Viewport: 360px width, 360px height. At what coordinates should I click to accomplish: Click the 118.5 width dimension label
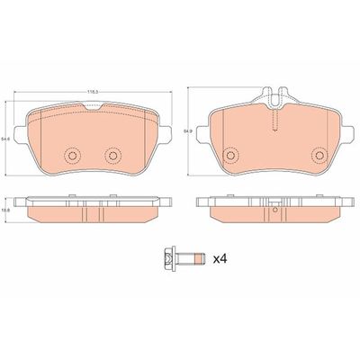(x=90, y=91)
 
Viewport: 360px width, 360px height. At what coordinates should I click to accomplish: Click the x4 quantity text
(x=219, y=259)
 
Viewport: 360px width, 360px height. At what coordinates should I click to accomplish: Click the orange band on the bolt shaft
(x=191, y=259)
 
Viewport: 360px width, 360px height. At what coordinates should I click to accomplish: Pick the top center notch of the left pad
(x=90, y=105)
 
